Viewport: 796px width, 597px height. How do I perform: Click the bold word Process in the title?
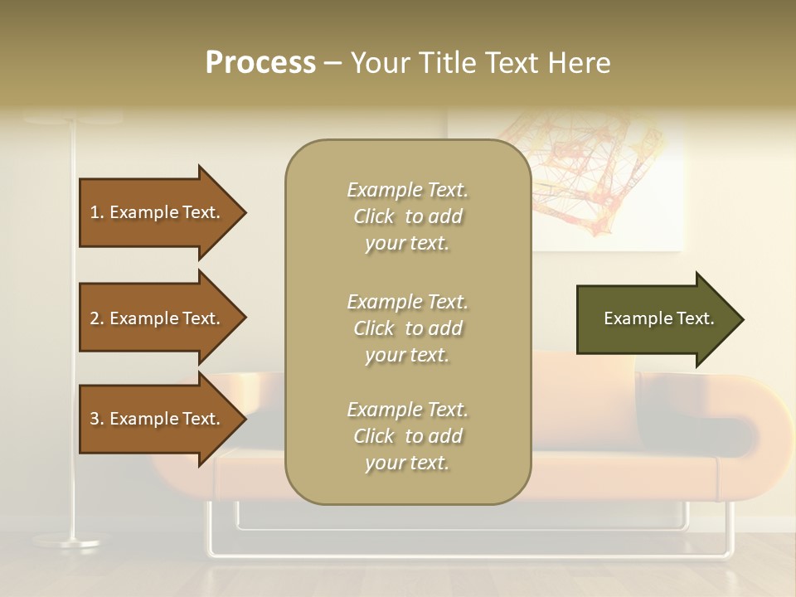pyautogui.click(x=260, y=63)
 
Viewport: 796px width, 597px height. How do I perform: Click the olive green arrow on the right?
pyautogui.click(x=655, y=319)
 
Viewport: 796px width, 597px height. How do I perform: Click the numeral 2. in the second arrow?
pyautogui.click(x=97, y=318)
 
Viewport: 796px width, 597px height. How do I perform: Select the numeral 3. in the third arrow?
pyautogui.click(x=97, y=419)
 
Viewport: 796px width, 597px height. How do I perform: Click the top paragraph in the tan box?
pyautogui.click(x=407, y=216)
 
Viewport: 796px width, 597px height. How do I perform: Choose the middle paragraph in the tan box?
pyautogui.click(x=407, y=328)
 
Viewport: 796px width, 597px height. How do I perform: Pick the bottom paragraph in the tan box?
pyautogui.click(x=407, y=436)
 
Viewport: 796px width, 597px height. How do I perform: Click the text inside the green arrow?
pyautogui.click(x=658, y=318)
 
